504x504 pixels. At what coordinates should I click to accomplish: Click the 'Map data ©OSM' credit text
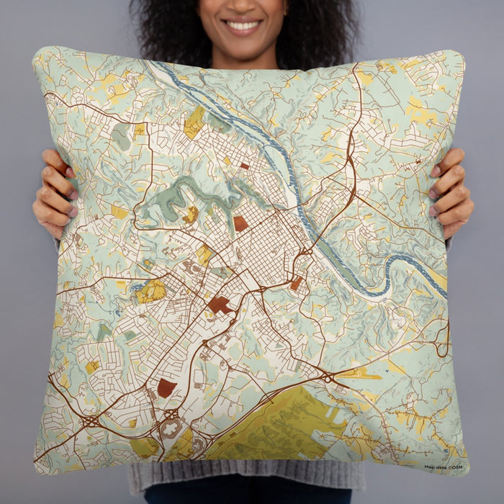(443, 467)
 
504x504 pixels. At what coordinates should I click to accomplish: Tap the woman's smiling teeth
(243, 26)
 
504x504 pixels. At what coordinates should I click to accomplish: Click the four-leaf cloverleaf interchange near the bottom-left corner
(91, 419)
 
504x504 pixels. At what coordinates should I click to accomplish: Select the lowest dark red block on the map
(166, 389)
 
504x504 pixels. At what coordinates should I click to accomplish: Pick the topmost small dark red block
(244, 166)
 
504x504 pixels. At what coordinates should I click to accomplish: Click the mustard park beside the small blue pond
(150, 291)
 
